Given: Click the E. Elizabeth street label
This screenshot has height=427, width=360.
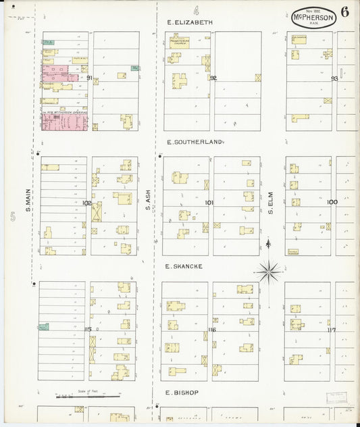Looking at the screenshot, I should pos(190,22).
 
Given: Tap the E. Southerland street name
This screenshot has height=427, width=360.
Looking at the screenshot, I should pos(195,143).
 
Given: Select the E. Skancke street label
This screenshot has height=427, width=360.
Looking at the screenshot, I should pos(184,266).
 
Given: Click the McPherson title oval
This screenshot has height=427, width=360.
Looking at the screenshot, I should pos(313,17).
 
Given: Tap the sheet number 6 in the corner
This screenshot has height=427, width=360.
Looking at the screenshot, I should pos(345,12).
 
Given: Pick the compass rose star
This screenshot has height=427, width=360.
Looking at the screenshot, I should pos(269,272).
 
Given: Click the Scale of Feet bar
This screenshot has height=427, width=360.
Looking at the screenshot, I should pos(70,397).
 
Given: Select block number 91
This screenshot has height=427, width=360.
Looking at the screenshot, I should pos(90,78).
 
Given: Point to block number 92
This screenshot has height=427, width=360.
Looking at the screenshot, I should pos(213,78).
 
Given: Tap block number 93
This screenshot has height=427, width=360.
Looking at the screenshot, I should pos(334,78).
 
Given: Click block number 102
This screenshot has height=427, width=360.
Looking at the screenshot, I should pos(87,202).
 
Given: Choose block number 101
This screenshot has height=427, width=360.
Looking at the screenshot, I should pos(209,202).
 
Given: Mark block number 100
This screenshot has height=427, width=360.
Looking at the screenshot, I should pos(332,201).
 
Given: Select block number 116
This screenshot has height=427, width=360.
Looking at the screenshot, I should pos(211,330).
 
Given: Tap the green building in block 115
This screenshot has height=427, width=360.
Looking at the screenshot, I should pos(43,327).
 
